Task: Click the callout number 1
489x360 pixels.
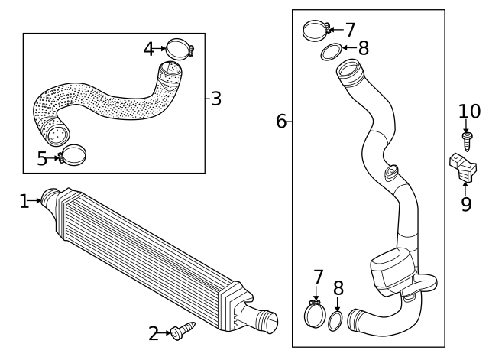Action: pos(24,201)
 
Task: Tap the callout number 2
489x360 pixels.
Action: pos(154,333)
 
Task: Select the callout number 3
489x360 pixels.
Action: pos(216,99)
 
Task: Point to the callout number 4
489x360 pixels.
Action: pos(149,49)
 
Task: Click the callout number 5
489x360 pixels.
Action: pos(42,159)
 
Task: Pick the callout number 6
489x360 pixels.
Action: pos(281,121)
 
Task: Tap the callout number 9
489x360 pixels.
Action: pos(465,204)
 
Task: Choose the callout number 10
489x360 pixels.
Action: pos(469,112)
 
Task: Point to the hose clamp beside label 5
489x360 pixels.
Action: pos(71,156)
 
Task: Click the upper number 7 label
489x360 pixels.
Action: pos(350,30)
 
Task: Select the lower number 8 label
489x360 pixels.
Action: pos(338,288)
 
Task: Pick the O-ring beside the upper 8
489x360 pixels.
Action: pos(329,52)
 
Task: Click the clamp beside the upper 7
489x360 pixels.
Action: pos(315,31)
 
